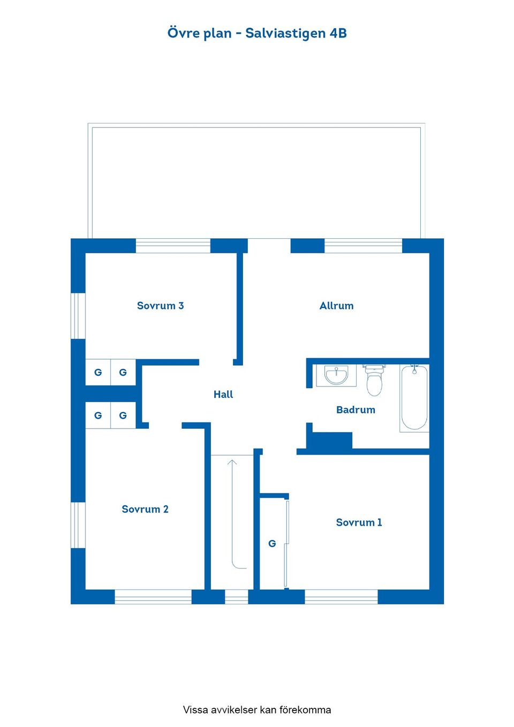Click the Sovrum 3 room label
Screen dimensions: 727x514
coord(160,306)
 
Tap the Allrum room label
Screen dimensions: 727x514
coord(336,306)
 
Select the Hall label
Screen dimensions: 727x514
coord(223,395)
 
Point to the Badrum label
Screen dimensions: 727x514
coord(356,410)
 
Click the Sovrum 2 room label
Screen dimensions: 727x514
coord(145,509)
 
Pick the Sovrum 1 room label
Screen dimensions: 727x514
coord(359,522)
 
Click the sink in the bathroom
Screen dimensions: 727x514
coord(336,375)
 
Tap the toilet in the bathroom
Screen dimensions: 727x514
coord(374,381)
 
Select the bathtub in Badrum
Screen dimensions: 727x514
coord(414,398)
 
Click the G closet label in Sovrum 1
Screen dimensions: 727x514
coord(272,544)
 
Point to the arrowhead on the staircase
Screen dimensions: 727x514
coord(232,462)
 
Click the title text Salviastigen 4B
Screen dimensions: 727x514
coord(296,33)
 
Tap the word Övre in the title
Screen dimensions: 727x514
coord(184,33)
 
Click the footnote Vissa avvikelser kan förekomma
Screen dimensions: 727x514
coord(257,710)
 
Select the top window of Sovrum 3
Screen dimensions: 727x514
coord(173,246)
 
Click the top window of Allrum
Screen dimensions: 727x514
coord(363,246)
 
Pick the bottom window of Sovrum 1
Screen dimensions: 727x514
coord(341,597)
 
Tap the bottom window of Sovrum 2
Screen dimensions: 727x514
coord(153,597)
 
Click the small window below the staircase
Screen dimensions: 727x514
coord(236,597)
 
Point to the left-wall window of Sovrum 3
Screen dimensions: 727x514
coord(78,316)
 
